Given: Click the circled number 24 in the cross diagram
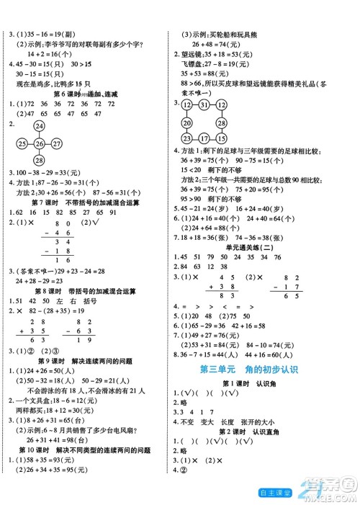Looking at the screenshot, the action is [37, 126].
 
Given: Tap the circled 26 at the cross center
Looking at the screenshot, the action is [37, 141].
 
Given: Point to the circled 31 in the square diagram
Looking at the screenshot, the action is [205, 105].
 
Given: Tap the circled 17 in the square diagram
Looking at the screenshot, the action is [204, 138].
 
